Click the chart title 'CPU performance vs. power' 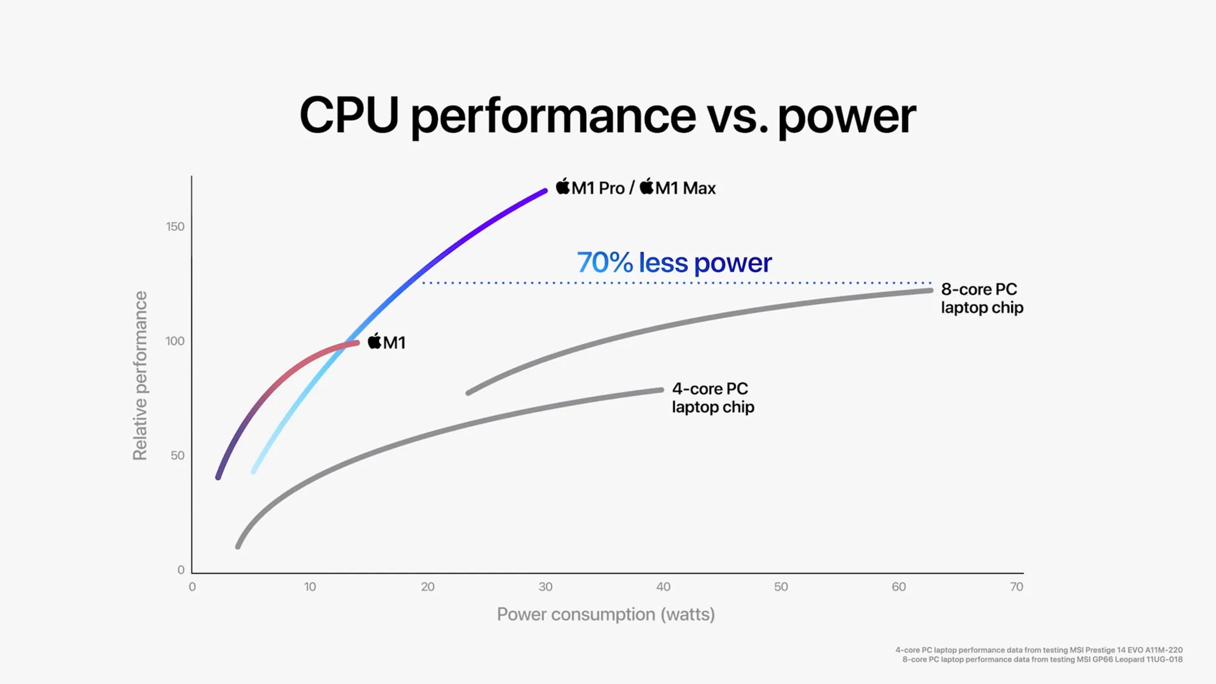(607, 115)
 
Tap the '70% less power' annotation (674, 263)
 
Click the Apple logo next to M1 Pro (563, 186)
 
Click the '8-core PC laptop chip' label (981, 299)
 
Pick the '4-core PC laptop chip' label (712, 398)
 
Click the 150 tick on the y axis (175, 227)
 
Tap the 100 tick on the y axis (175, 341)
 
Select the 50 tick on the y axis (177, 456)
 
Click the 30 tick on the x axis (545, 587)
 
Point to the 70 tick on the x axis (1016, 587)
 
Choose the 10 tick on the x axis (310, 587)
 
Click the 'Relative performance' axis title (140, 376)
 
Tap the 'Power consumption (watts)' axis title (606, 614)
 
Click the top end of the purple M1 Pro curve (545, 191)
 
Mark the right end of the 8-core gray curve (930, 290)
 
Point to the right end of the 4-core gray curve (661, 390)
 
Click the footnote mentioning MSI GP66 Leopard (1042, 660)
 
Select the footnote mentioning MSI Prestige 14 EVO (1039, 650)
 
